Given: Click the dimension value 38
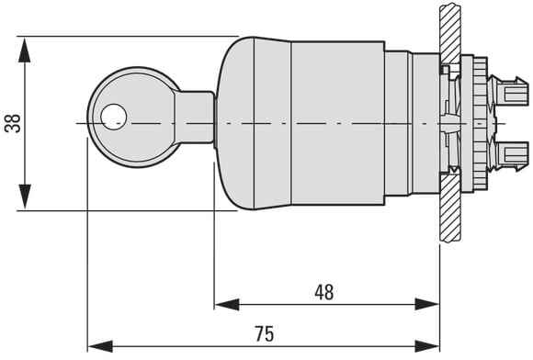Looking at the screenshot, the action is pyautogui.click(x=13, y=123).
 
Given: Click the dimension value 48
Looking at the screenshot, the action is pyautogui.click(x=324, y=292).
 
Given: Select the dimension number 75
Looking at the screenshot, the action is pyautogui.click(x=264, y=334).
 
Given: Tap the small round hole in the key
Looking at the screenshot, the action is pyautogui.click(x=114, y=117).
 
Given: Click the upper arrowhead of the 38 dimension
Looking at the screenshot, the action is pyautogui.click(x=25, y=50).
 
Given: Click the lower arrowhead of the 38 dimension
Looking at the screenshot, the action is pyautogui.click(x=25, y=197).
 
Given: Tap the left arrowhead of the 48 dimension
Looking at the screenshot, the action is pyautogui.click(x=227, y=304).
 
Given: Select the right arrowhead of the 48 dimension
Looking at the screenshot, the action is pyautogui.click(x=427, y=304).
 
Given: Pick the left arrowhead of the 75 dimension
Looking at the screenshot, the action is pyautogui.click(x=100, y=346).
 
